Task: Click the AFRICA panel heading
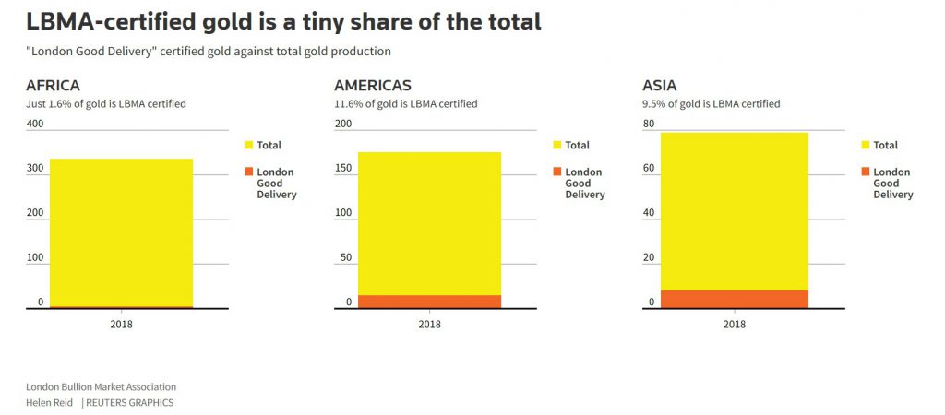pyautogui.click(x=59, y=86)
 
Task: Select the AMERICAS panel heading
pyautogui.click(x=372, y=86)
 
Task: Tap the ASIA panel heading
pyautogui.click(x=659, y=86)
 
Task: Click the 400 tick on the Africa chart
pyautogui.click(x=35, y=124)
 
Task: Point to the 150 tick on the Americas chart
pyautogui.click(x=343, y=169)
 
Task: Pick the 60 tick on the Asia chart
pyautogui.click(x=649, y=169)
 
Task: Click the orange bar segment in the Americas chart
pyautogui.click(x=429, y=302)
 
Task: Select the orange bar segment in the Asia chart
pyautogui.click(x=735, y=299)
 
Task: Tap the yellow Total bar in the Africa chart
pyautogui.click(x=121, y=231)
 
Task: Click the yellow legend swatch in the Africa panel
pyautogui.click(x=248, y=145)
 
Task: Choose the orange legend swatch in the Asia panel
pyautogui.click(x=865, y=172)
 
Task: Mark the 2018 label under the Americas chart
pyautogui.click(x=429, y=325)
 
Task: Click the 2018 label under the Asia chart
pyautogui.click(x=735, y=325)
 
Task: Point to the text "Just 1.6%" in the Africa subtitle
pyautogui.click(x=47, y=104)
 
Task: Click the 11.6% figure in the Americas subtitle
pyautogui.click(x=348, y=104)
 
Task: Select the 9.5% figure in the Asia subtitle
pyautogui.click(x=653, y=104)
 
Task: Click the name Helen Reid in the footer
pyautogui.click(x=50, y=403)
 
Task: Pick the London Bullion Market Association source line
pyautogui.click(x=101, y=387)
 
